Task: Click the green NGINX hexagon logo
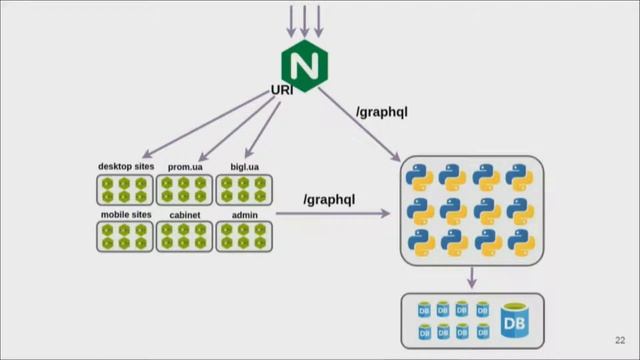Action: tap(305, 65)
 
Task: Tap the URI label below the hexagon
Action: tap(282, 91)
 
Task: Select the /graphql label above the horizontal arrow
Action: tap(329, 200)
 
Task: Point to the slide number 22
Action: tap(620, 339)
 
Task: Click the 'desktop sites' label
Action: tap(125, 166)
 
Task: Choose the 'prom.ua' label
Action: tap(185, 166)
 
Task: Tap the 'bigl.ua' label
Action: tap(244, 166)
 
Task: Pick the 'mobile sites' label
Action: tap(125, 214)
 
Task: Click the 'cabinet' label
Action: tap(185, 214)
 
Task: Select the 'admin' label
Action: tap(244, 214)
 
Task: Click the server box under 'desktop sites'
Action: tap(125, 190)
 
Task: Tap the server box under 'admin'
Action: tap(244, 236)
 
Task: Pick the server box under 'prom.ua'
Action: tap(185, 190)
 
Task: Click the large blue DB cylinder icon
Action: tap(514, 320)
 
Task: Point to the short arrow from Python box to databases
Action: tap(471, 277)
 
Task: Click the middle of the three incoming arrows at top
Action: tap(305, 20)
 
